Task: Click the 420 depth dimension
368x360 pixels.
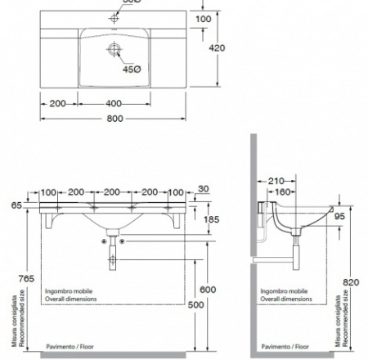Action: point(240,48)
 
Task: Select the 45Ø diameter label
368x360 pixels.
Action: point(131,69)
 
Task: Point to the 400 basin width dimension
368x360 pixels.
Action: point(114,104)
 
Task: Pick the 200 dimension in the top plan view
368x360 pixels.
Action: point(58,104)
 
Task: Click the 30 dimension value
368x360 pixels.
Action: point(202,189)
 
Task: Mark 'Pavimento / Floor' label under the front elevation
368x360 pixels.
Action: point(71,347)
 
